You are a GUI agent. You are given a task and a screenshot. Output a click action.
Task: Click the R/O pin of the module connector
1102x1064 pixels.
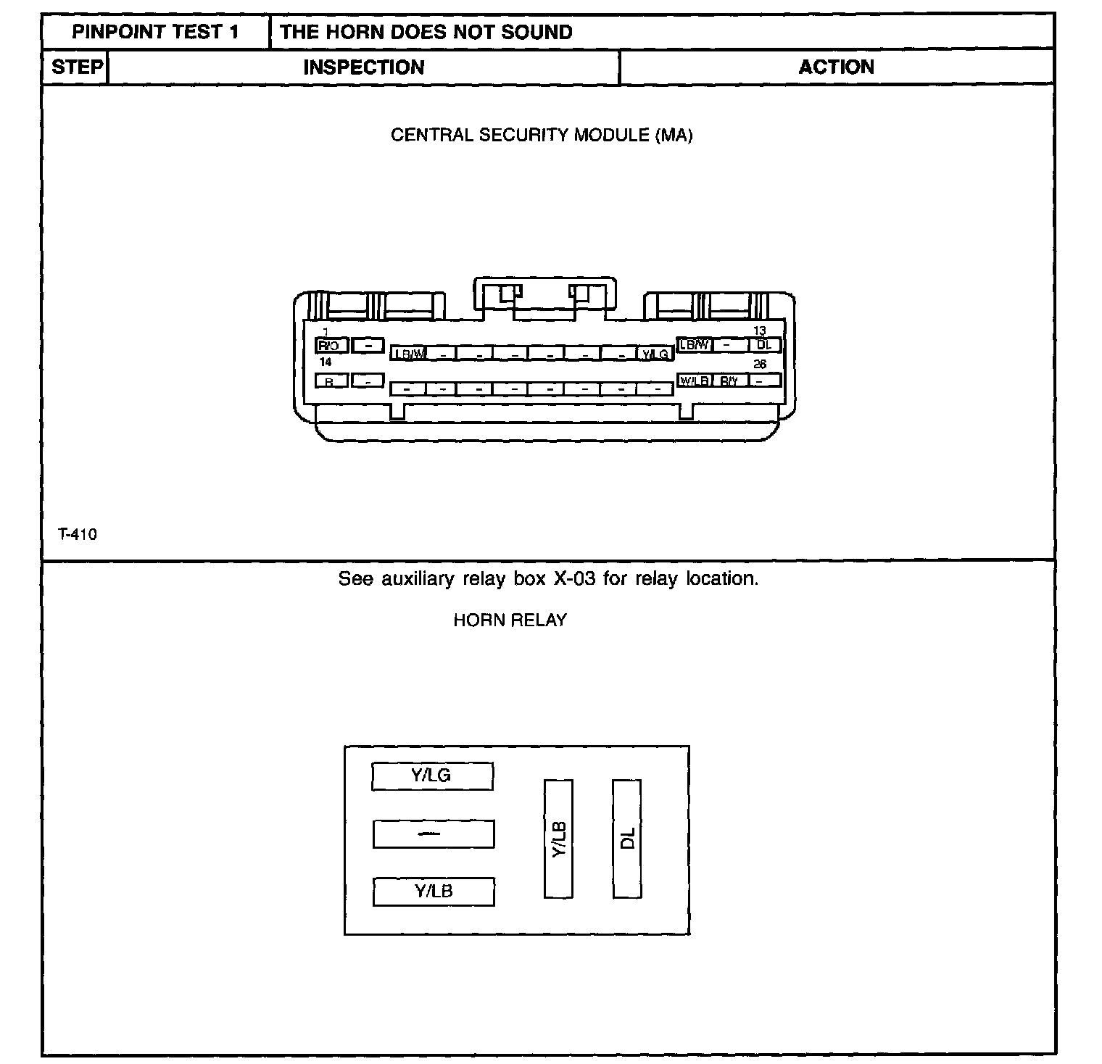click(x=331, y=346)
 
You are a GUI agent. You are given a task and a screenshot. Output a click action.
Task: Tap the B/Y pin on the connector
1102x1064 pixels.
click(x=729, y=381)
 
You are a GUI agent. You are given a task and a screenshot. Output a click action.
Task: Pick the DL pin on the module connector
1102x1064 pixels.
click(x=764, y=345)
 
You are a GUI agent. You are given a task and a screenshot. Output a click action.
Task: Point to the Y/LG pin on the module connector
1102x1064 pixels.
click(x=655, y=354)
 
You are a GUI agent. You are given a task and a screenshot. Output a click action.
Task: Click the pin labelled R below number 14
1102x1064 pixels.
click(x=331, y=381)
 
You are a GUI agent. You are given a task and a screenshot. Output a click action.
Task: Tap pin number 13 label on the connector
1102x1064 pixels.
click(x=760, y=331)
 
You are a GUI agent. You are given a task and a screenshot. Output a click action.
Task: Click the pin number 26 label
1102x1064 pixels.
click(x=760, y=364)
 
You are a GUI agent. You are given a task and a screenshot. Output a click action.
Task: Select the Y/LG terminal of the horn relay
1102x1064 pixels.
click(x=432, y=776)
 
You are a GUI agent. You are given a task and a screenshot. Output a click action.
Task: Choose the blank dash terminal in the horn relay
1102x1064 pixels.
click(x=433, y=834)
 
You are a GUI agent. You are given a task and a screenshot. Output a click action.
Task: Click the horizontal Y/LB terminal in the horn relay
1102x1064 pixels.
click(x=434, y=891)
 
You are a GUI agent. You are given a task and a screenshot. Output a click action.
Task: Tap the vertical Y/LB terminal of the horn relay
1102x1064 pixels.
click(x=558, y=839)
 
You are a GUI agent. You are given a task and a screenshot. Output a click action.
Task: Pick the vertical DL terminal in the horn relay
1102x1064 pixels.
click(x=627, y=839)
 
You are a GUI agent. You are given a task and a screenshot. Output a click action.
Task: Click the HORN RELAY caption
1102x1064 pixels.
click(x=510, y=620)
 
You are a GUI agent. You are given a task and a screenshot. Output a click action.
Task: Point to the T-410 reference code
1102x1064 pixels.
click(x=77, y=535)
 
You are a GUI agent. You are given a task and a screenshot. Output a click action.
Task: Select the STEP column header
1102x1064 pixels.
click(x=76, y=67)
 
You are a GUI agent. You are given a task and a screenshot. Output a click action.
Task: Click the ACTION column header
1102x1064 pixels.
click(x=836, y=67)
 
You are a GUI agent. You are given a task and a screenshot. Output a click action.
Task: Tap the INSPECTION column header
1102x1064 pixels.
click(x=363, y=67)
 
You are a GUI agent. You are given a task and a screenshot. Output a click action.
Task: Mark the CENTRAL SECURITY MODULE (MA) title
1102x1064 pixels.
click(x=541, y=136)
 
